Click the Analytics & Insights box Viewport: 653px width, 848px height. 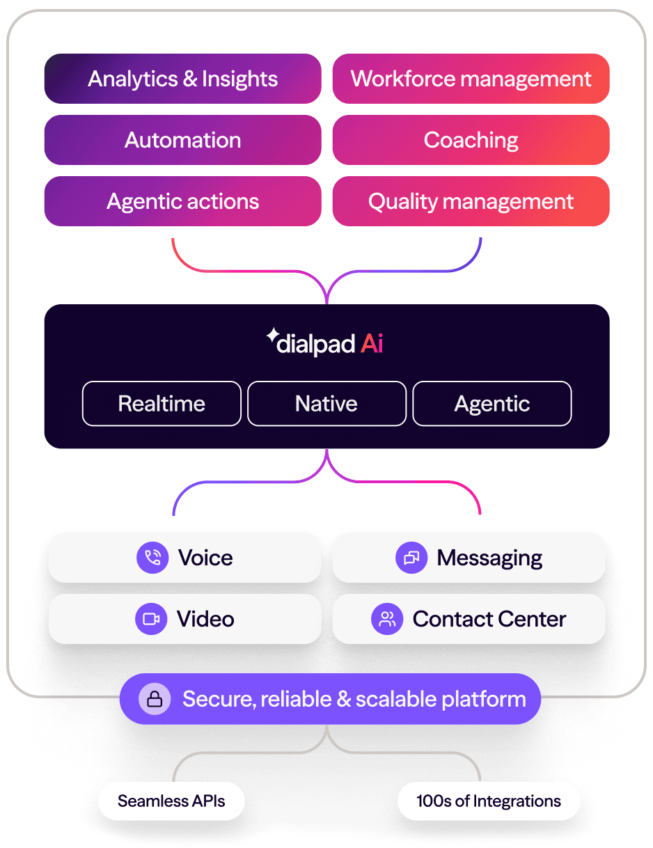pos(182,79)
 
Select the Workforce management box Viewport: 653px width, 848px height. pos(471,79)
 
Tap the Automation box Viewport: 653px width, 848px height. pos(182,140)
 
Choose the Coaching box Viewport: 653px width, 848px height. pos(471,140)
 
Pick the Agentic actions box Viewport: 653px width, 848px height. pos(182,201)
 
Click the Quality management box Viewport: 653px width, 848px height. pos(471,201)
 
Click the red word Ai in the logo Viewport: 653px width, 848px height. pos(372,343)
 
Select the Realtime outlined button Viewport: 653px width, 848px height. pos(162,404)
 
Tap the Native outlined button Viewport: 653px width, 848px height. pos(326,404)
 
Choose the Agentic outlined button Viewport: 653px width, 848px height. pos(492,404)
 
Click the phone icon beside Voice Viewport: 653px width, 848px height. pos(152,558)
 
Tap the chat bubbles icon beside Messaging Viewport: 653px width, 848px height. pos(411,558)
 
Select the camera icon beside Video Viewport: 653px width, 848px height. pos(151,619)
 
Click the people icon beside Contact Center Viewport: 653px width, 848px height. pos(387,619)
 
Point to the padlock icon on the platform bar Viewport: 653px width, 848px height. pos(155,699)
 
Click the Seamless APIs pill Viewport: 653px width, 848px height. pos(171,801)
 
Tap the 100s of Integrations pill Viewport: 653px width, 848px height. pos(489,801)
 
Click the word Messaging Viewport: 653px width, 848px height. pos(489,558)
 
